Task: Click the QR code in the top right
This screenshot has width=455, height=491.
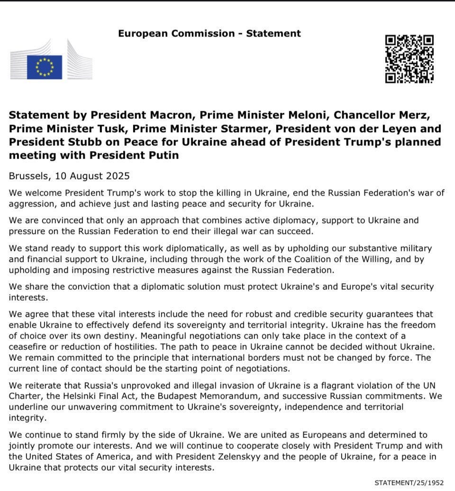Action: click(409, 59)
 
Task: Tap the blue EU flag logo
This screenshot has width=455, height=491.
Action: click(45, 67)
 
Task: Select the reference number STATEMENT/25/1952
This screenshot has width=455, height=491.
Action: click(409, 482)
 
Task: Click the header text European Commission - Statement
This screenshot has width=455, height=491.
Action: click(209, 34)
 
